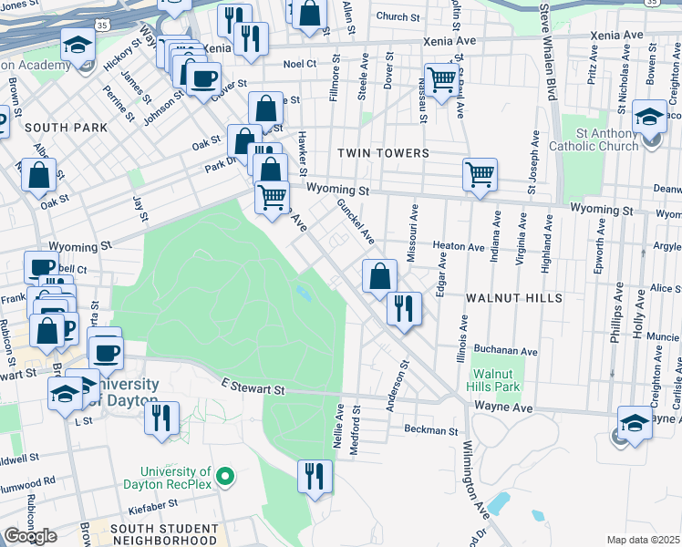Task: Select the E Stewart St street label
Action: click(253, 389)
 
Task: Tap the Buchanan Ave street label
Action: click(505, 351)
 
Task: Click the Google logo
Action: click(30, 536)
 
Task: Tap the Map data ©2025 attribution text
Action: click(643, 540)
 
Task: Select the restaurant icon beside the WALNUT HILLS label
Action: click(403, 307)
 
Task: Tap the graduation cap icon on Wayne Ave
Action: click(635, 422)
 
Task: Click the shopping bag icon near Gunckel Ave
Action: click(379, 275)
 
